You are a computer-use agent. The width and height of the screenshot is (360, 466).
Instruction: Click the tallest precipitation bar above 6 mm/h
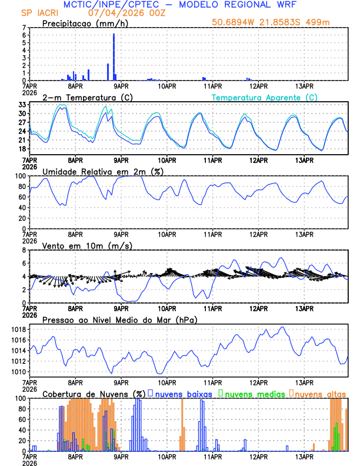pyautogui.click(x=114, y=56)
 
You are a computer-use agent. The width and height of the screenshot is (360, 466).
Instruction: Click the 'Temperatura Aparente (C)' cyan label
pyautogui.click(x=264, y=97)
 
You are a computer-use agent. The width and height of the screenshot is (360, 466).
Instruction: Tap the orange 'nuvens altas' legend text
pyautogui.click(x=320, y=393)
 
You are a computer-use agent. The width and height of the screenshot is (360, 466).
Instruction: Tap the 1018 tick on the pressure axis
pyautogui.click(x=18, y=329)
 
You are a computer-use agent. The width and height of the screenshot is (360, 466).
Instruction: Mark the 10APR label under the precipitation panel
pyautogui.click(x=167, y=86)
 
